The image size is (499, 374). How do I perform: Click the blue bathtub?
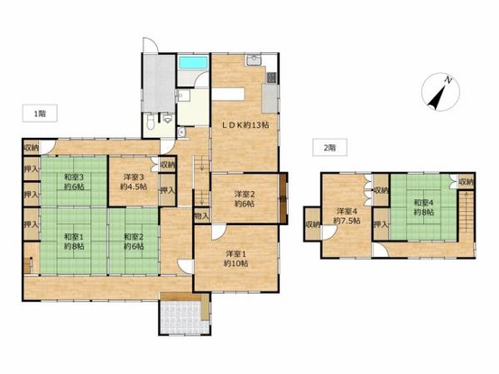click(x=193, y=62)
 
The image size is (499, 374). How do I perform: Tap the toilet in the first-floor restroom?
click(x=151, y=121)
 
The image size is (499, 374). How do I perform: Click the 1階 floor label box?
click(x=40, y=114)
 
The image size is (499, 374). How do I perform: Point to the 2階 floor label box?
click(x=329, y=148)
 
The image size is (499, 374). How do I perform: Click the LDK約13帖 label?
click(x=245, y=125)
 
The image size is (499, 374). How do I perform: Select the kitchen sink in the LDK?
click(x=254, y=59)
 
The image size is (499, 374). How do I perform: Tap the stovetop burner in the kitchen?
click(x=272, y=78)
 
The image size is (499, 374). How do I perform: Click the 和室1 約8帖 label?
click(x=74, y=242)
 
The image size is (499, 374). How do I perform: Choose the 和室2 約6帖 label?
click(x=134, y=242)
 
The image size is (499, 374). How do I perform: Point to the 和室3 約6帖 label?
click(x=74, y=181)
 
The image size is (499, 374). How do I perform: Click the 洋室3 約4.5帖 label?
click(x=134, y=181)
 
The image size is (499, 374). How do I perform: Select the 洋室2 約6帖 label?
click(x=245, y=198)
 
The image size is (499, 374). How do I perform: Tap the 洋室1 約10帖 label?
click(x=236, y=259)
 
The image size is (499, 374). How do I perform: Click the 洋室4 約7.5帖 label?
click(x=347, y=215)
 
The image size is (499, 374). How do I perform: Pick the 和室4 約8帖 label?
click(x=423, y=207)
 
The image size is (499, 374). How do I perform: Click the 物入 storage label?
click(x=202, y=216)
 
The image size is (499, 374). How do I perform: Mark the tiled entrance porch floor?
click(x=182, y=316)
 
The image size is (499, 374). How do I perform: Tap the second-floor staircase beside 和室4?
click(x=466, y=213)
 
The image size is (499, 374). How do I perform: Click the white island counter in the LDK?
click(x=228, y=94)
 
